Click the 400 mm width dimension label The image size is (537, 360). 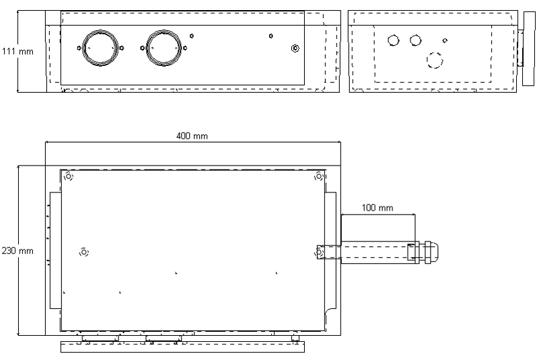click(192, 136)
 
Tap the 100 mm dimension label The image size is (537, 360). click(378, 207)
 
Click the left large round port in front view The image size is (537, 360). click(98, 48)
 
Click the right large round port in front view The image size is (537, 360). click(164, 48)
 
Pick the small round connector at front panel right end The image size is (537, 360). click(295, 48)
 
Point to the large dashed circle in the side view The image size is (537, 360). click(435, 60)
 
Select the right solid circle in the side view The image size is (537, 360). click(415, 40)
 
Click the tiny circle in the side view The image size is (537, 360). click(444, 41)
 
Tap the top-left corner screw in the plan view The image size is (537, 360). click(68, 177)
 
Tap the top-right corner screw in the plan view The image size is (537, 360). click(318, 177)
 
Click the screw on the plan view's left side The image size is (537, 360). click(84, 252)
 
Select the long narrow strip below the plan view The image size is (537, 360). click(182, 347)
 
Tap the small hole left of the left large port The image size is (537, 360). click(77, 48)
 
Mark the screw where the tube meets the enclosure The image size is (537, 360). click(320, 252)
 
